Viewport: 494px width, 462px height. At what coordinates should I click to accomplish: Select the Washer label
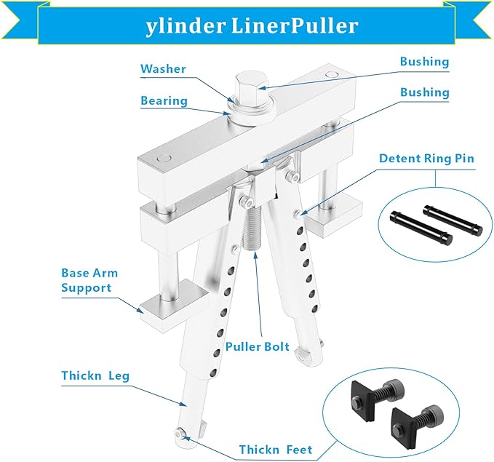[x=163, y=69]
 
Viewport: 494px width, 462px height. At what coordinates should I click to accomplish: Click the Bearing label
[x=164, y=100]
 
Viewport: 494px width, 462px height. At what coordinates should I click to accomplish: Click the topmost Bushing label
[x=425, y=62]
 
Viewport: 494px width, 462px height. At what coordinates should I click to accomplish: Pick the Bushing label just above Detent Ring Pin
[x=425, y=93]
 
